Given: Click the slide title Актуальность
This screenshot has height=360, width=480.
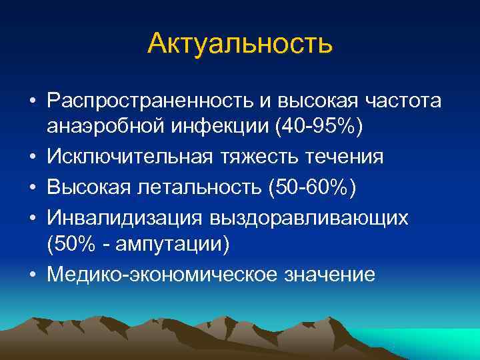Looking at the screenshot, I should [x=239, y=44].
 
